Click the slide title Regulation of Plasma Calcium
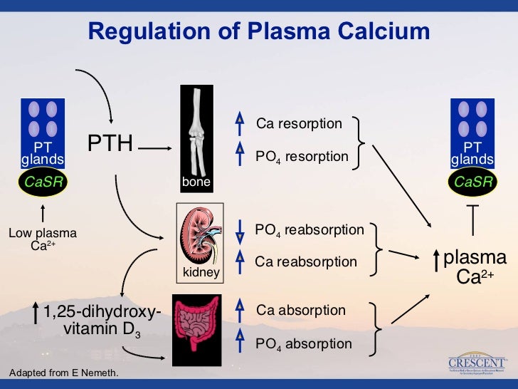(x=258, y=31)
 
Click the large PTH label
(x=110, y=143)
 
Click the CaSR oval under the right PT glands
(x=474, y=182)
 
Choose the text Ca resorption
(x=299, y=124)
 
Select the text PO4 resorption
(x=302, y=156)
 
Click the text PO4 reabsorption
(x=310, y=230)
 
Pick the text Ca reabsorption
(x=306, y=261)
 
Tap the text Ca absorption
(x=301, y=311)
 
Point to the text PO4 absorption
(x=304, y=344)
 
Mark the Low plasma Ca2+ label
(x=43, y=239)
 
